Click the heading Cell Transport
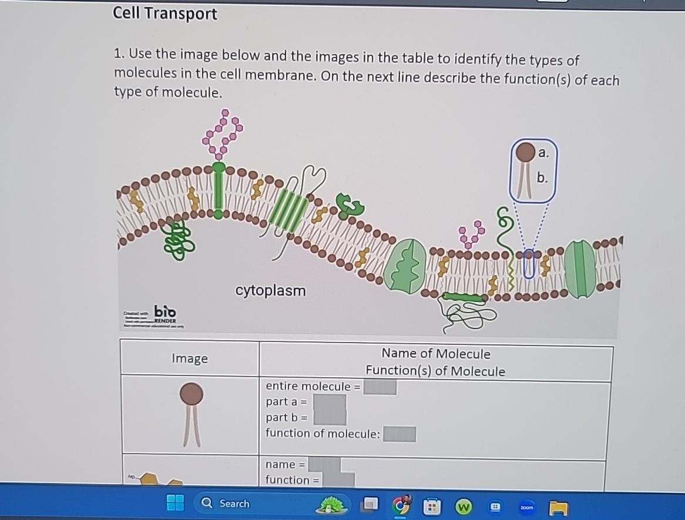pos(165,14)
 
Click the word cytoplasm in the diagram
pos(270,290)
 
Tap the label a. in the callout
pos(543,153)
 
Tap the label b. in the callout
pos(542,178)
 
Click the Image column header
pos(190,358)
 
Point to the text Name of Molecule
pos(435,353)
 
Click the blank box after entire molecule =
pos(380,387)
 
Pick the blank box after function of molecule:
pos(399,434)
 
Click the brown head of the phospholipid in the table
pos(192,394)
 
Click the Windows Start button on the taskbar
pos(175,503)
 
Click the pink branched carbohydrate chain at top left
pos(222,133)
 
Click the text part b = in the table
pos(286,418)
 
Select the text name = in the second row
pos(285,465)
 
